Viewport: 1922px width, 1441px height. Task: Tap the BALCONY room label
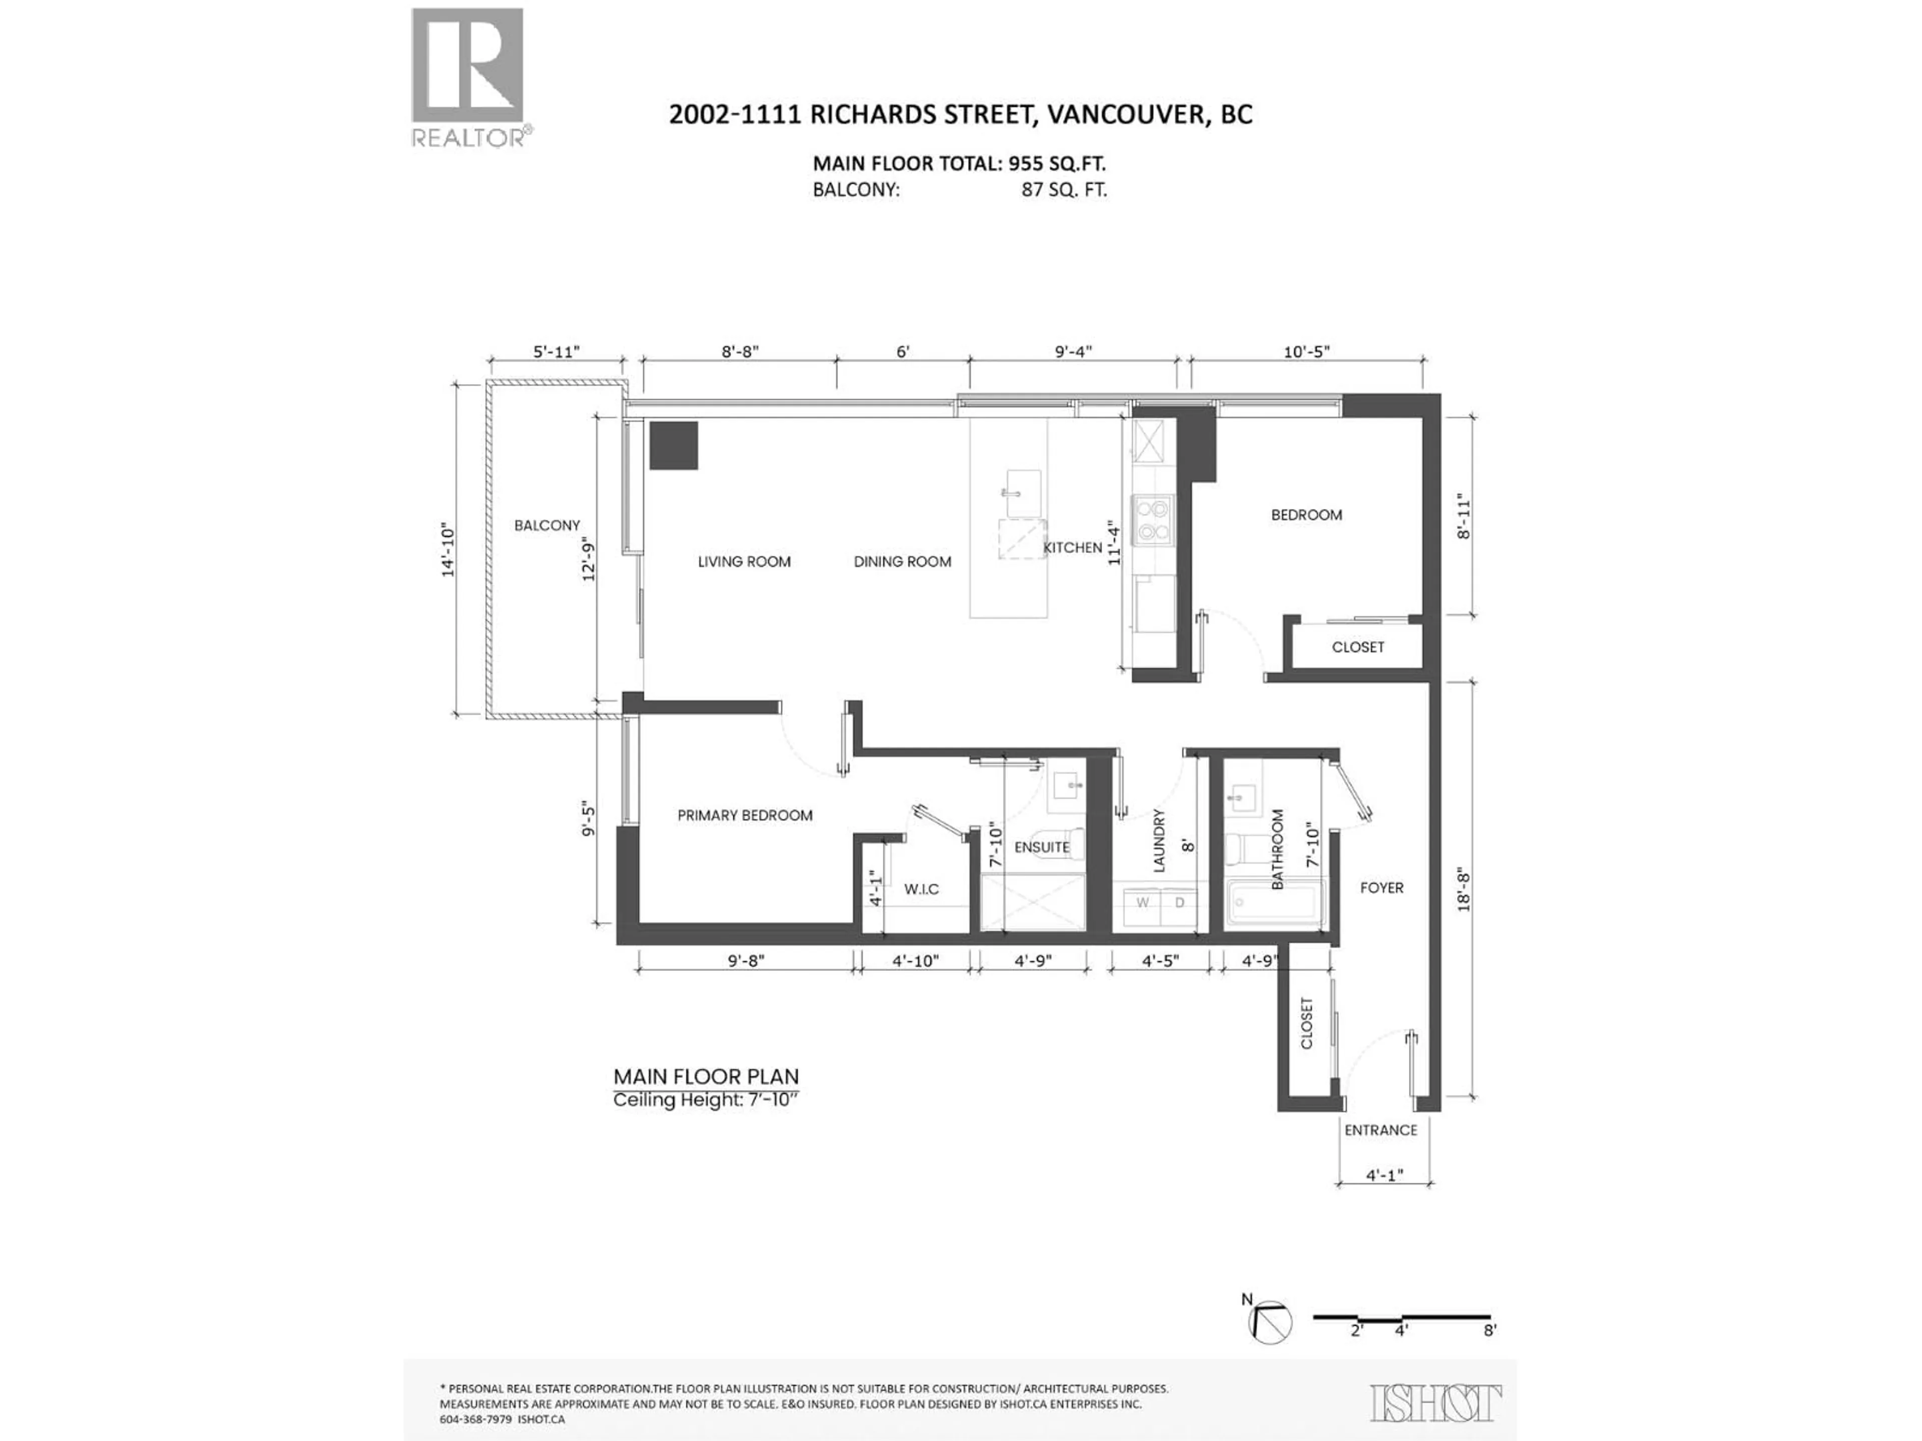[547, 525]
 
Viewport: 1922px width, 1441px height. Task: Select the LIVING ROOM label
[744, 562]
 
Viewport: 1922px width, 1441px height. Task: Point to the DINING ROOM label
[902, 562]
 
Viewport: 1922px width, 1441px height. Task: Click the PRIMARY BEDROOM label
[745, 815]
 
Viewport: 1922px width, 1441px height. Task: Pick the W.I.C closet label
[921, 890]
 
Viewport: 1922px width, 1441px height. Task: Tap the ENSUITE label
[1041, 847]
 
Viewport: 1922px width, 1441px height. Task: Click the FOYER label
[1381, 888]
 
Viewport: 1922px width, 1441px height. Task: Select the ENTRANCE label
[1380, 1130]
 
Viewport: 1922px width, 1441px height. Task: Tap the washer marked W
[1143, 903]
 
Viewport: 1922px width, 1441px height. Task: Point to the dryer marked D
[1180, 903]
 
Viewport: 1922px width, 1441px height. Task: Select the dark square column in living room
[673, 446]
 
